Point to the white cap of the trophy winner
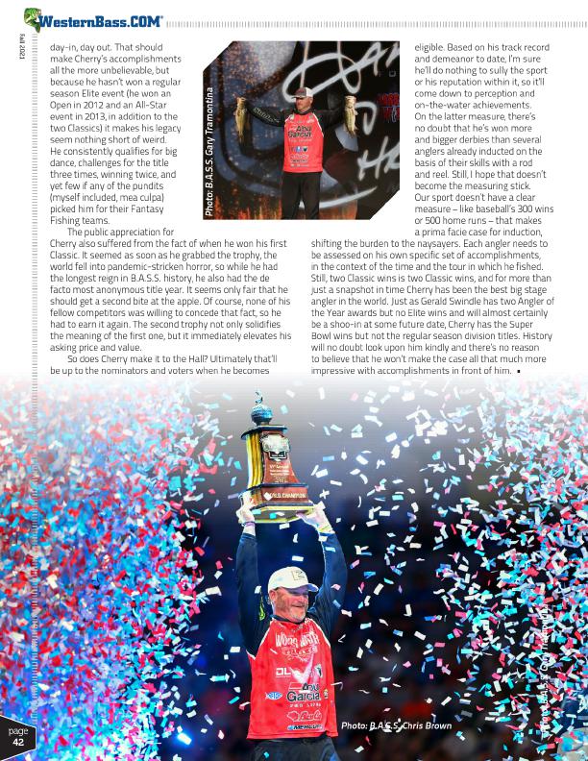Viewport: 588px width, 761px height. (x=292, y=579)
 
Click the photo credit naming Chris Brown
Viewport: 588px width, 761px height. (x=395, y=725)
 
